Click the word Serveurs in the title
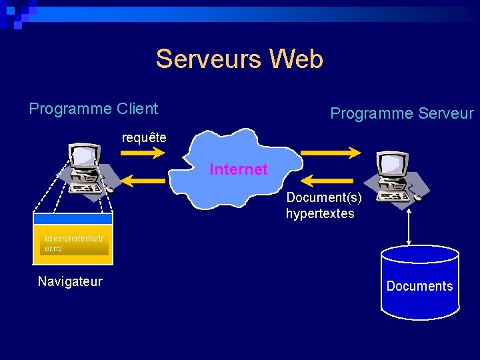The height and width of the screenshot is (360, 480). point(209,59)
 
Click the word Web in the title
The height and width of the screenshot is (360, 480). point(296,59)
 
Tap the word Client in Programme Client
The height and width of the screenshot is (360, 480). point(137,109)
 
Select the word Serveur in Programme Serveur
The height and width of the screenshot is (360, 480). point(442,114)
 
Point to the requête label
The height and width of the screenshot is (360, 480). point(144,138)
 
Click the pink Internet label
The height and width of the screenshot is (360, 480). point(238,169)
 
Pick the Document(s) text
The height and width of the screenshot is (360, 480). point(324,198)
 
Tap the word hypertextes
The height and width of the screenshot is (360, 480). point(320,214)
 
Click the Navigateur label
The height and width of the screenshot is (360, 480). point(70,281)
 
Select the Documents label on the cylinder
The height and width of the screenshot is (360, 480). point(419,286)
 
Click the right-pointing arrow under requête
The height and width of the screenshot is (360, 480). point(142,153)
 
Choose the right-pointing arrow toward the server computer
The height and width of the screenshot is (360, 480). point(331,153)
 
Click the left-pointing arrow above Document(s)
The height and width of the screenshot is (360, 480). point(331,180)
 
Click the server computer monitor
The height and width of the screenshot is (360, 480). point(391,164)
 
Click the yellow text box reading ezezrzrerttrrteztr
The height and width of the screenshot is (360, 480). point(74,243)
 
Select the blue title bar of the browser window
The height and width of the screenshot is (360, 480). point(73,219)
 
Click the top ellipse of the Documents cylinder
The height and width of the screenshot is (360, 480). point(419,255)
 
